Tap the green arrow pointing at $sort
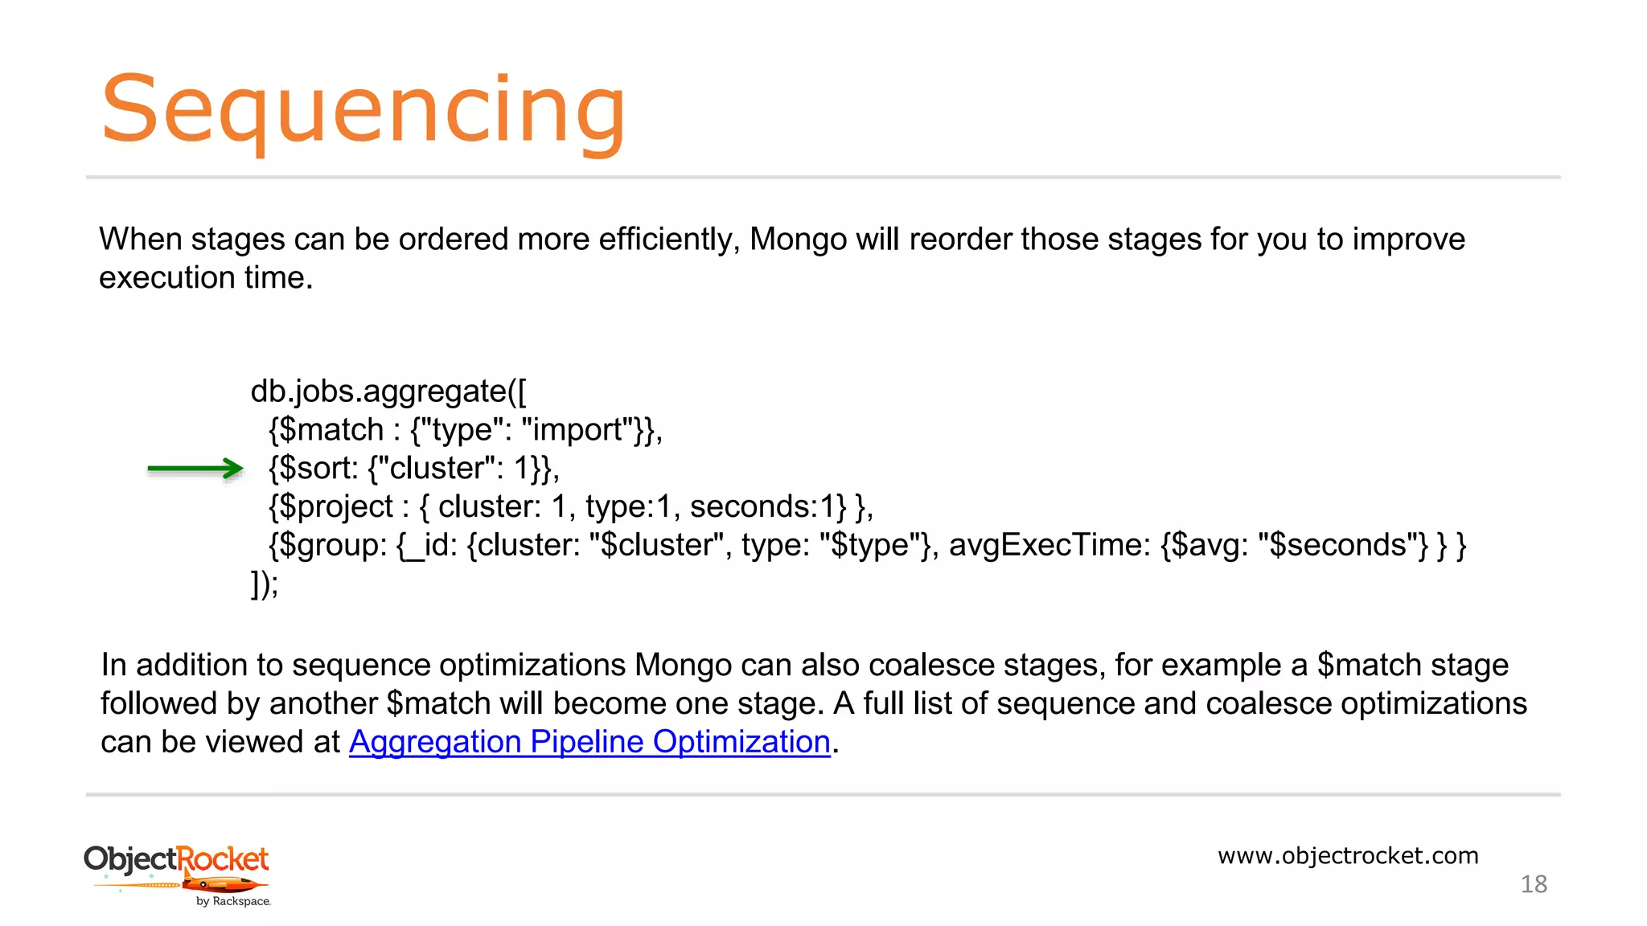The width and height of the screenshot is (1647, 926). (195, 469)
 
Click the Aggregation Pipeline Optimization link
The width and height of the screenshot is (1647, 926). (589, 742)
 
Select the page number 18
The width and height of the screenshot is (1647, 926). (1534, 884)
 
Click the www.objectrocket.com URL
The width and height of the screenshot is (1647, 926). (1348, 855)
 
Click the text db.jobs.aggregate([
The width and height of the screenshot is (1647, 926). (388, 391)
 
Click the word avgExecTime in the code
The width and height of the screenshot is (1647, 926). (1049, 546)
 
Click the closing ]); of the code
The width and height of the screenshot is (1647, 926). (265, 584)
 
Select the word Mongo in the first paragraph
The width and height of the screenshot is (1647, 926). (798, 240)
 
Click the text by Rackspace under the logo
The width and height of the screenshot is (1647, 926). (233, 902)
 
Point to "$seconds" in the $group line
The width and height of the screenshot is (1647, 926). (1343, 546)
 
